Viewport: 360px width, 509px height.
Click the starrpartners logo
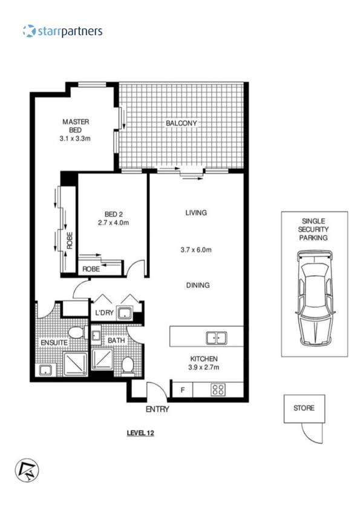[62, 31]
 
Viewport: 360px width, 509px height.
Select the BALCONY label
[182, 124]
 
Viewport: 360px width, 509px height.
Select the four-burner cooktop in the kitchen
[218, 390]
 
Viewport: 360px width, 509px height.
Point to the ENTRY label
[157, 409]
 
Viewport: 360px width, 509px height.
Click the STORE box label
[304, 408]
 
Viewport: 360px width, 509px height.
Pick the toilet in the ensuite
[76, 332]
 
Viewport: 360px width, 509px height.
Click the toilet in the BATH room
[128, 365]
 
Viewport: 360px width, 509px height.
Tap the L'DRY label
[105, 313]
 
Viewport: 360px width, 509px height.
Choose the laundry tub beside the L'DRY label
[126, 313]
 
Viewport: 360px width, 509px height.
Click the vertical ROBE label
[70, 241]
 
